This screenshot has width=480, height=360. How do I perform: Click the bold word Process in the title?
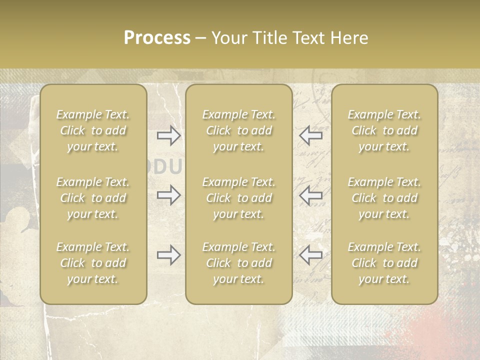[157, 38]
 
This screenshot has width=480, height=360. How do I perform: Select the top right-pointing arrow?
[169, 135]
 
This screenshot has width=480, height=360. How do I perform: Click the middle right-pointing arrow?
[169, 195]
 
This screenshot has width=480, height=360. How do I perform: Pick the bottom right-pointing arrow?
[169, 255]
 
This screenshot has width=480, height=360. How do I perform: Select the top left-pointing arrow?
[310, 135]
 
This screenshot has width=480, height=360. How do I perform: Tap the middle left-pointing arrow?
[310, 195]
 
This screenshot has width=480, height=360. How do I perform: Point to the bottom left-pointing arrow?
[310, 255]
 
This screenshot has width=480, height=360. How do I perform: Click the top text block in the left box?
[93, 130]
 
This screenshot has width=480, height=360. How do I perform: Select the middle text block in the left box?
[93, 198]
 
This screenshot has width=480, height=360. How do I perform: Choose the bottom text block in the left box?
[93, 263]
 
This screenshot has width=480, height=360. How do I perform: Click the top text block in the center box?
[238, 130]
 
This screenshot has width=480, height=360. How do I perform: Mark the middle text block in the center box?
[238, 198]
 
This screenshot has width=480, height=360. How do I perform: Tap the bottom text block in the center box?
[238, 263]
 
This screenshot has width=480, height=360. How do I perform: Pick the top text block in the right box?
[384, 130]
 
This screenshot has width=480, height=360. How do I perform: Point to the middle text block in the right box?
[384, 198]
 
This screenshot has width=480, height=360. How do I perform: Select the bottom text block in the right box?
[384, 263]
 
